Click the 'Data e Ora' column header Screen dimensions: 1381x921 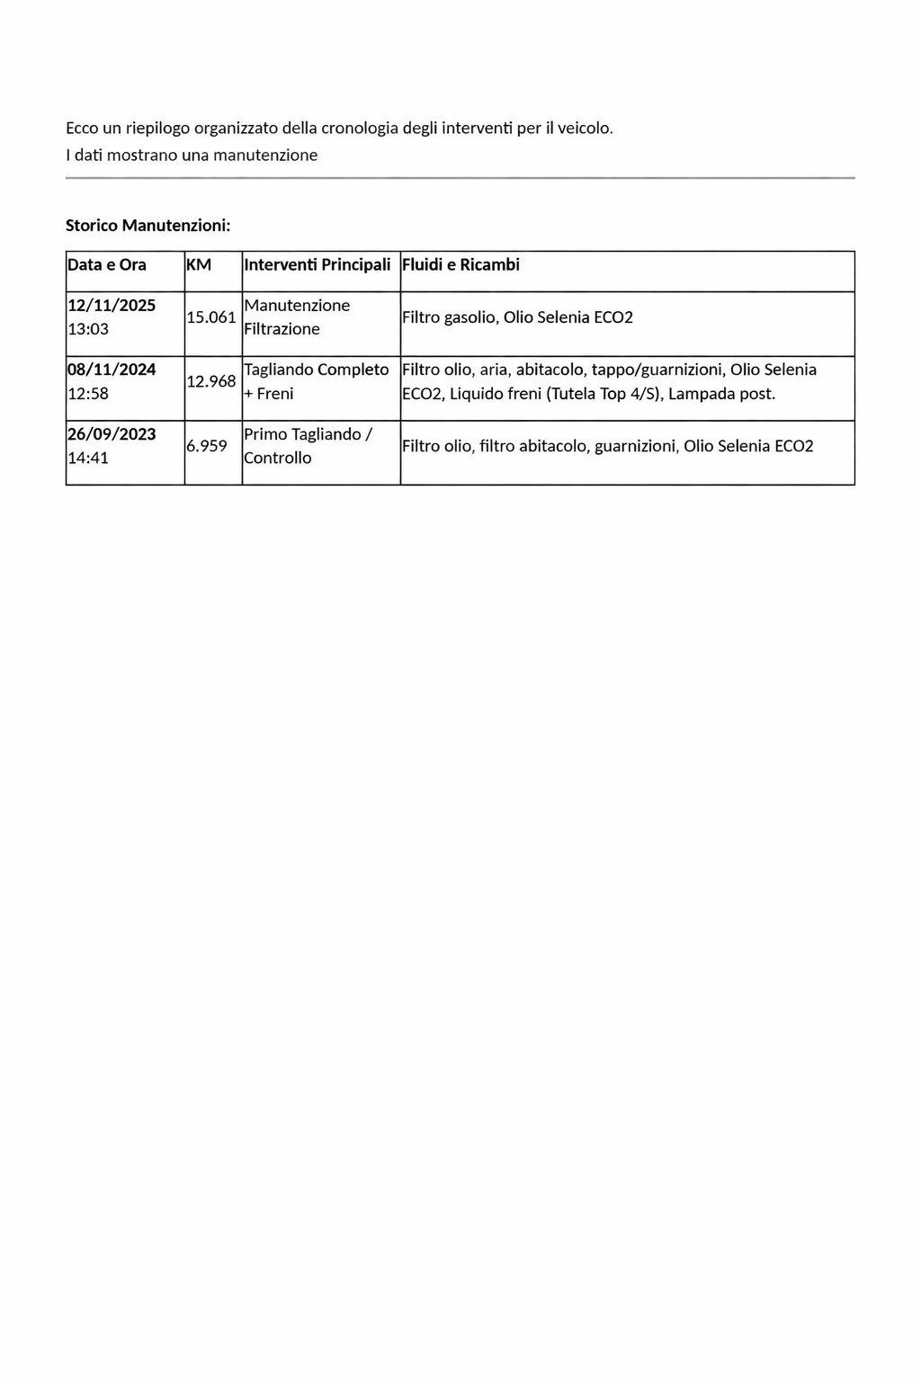[107, 265]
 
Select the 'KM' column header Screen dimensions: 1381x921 [199, 265]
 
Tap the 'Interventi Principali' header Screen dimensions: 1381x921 [317, 265]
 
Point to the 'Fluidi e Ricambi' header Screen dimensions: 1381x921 [460, 265]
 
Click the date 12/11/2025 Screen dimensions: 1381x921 [112, 306]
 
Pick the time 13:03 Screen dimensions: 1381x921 [88, 329]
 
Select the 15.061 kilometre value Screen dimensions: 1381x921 [211, 317]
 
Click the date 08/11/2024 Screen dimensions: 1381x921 [112, 370]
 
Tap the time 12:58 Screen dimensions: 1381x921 [88, 394]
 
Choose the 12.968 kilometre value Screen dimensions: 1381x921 [211, 381]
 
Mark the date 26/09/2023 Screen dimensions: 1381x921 [112, 434]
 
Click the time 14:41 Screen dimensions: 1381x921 [88, 458]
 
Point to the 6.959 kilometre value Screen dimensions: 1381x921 [207, 446]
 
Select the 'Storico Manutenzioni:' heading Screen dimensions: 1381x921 [148, 226]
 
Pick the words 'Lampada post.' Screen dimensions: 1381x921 [722, 394]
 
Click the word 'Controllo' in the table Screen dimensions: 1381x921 [278, 458]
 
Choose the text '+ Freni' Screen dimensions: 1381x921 [269, 394]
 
